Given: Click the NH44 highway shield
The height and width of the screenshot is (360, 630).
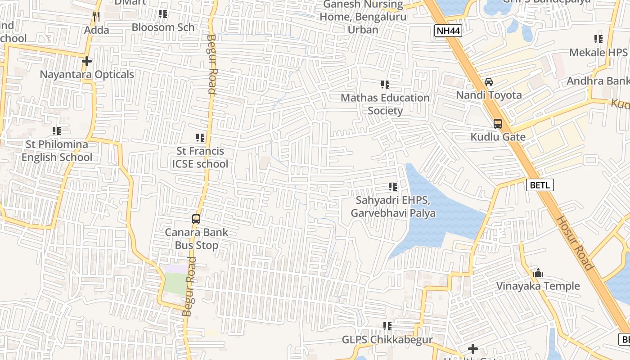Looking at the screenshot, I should click(448, 31).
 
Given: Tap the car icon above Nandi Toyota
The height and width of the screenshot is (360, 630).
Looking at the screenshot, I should click(489, 82).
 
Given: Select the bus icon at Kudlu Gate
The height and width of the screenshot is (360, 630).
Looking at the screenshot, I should click(498, 123).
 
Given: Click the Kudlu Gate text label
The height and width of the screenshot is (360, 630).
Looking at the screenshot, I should click(498, 137).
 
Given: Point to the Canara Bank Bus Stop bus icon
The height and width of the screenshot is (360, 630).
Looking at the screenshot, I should click(196, 219).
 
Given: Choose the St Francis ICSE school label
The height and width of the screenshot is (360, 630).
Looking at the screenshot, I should click(200, 157).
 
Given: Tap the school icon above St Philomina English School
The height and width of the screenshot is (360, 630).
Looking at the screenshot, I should click(57, 131).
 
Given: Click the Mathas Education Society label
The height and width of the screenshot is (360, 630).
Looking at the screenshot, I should click(385, 104).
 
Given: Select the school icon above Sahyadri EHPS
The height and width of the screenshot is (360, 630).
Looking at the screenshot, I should click(393, 186).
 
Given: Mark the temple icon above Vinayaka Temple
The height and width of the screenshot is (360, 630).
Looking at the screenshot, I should click(538, 273).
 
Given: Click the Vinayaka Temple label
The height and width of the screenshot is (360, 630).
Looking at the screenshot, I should click(538, 286).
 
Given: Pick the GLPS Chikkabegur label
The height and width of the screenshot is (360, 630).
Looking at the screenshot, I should click(387, 340).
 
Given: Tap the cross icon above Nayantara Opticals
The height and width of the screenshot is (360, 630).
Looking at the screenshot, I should click(87, 61).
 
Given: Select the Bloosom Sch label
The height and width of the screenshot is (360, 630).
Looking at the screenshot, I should click(163, 27).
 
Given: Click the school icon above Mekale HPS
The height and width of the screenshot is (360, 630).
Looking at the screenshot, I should click(598, 39).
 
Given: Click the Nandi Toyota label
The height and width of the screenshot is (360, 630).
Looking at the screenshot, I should click(489, 95).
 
